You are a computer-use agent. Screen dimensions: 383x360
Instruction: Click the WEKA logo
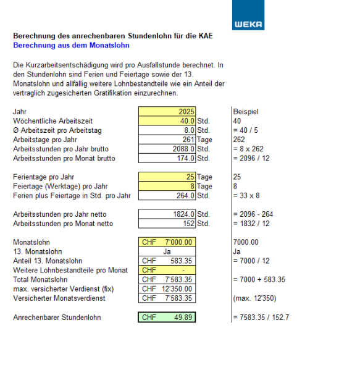pyautogui.click(x=248, y=15)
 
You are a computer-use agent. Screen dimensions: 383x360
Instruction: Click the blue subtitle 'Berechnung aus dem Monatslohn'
pyautogui.click(x=71, y=45)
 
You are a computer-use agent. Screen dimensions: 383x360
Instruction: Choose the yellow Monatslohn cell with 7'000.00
pyautogui.click(x=167, y=243)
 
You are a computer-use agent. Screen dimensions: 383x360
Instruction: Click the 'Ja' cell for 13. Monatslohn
pyautogui.click(x=167, y=252)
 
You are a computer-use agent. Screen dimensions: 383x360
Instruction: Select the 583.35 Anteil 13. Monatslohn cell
pyautogui.click(x=167, y=261)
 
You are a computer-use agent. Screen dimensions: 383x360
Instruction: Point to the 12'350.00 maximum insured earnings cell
pyautogui.click(x=167, y=289)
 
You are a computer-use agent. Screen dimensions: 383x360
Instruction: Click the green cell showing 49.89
pyautogui.click(x=167, y=318)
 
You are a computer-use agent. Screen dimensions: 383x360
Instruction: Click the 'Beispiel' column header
pyautogui.click(x=246, y=112)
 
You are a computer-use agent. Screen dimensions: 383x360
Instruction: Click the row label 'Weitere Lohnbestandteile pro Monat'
pyautogui.click(x=70, y=271)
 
